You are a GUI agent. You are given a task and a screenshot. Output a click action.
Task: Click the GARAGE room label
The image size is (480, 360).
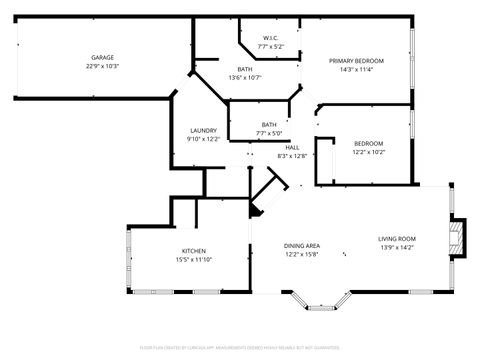(x=101, y=58)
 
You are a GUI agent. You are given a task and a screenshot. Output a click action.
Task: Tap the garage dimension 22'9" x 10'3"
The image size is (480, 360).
(x=101, y=67)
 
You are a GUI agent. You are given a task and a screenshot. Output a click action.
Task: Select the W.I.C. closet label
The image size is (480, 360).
(x=270, y=37)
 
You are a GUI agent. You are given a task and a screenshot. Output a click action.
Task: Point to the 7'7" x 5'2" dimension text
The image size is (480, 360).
(x=270, y=46)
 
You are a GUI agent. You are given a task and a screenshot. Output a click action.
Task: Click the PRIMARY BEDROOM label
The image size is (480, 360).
(x=356, y=60)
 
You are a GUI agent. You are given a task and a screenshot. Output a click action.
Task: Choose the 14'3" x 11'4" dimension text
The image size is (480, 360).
(x=356, y=69)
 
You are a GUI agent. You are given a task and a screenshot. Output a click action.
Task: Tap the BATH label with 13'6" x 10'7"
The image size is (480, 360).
(x=245, y=68)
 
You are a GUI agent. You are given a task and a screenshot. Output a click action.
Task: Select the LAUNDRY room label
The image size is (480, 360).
(x=204, y=130)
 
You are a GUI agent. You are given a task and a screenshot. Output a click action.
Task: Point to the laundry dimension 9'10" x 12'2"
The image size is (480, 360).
(x=204, y=139)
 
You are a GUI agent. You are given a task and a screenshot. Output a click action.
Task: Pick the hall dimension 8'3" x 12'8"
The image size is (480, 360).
(x=292, y=155)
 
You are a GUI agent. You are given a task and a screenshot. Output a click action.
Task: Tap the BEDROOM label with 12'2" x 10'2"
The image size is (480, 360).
(x=367, y=144)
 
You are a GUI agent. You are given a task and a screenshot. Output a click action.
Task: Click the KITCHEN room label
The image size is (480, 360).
(x=194, y=250)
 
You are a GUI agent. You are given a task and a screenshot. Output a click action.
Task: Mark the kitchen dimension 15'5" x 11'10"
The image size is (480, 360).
(x=194, y=259)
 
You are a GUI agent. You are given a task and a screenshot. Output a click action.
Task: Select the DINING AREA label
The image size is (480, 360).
(x=301, y=245)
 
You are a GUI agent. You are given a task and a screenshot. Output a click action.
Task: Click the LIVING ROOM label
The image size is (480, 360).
(x=396, y=238)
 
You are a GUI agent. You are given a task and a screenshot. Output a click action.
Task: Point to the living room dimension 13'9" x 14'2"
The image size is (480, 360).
(x=396, y=247)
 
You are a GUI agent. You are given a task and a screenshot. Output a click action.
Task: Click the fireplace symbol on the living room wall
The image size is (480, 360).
(x=457, y=237)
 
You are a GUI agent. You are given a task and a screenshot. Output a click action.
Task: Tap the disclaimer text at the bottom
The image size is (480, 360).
(x=240, y=347)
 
